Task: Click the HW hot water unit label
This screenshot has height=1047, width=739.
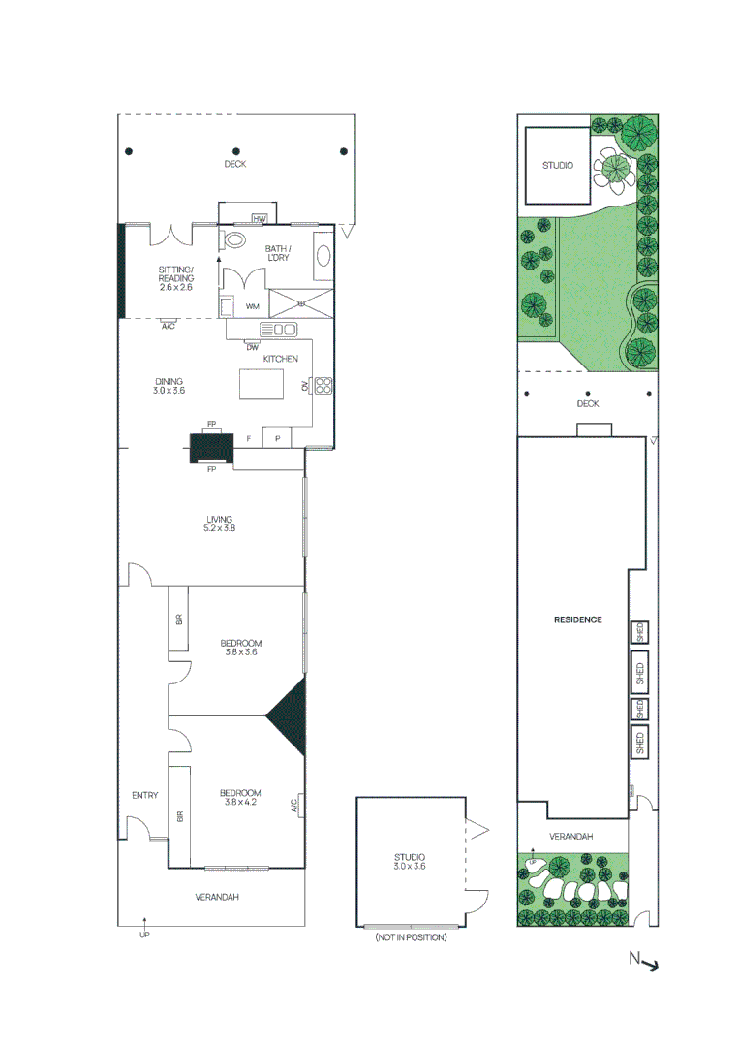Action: click(x=259, y=219)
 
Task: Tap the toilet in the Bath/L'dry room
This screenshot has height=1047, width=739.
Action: click(x=233, y=241)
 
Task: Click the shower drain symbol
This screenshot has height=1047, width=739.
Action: click(x=300, y=302)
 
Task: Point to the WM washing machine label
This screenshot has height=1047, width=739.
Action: click(x=252, y=306)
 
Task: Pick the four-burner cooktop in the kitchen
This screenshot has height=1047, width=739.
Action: click(x=323, y=385)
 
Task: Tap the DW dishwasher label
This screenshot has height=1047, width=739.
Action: click(x=252, y=347)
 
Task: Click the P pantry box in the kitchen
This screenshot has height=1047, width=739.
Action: click(x=277, y=438)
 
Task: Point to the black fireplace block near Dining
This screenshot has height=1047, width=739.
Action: click(x=211, y=448)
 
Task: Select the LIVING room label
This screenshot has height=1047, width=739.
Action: click(x=219, y=519)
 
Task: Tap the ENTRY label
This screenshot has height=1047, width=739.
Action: click(x=144, y=796)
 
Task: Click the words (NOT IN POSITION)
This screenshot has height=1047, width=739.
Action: click(x=411, y=937)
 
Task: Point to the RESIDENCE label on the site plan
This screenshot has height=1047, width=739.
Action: click(x=577, y=619)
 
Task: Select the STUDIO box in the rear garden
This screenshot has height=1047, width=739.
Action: click(x=556, y=166)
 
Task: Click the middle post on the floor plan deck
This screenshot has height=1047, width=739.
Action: click(x=235, y=151)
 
